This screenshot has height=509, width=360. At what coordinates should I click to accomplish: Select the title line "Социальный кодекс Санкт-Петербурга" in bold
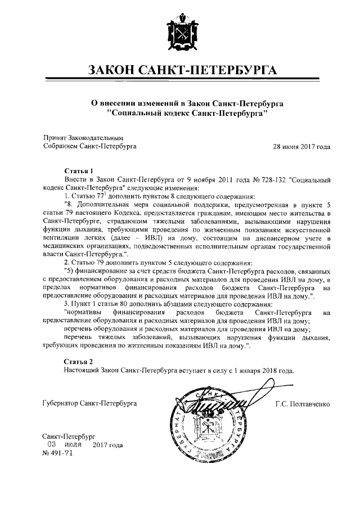180,112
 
